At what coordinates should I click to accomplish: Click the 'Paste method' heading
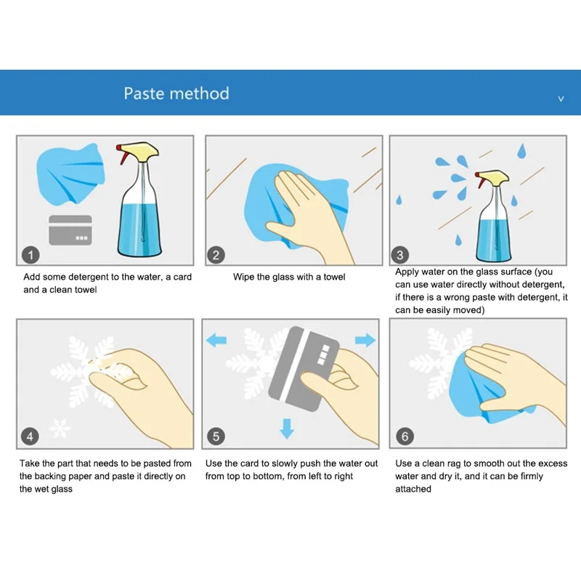[176, 94]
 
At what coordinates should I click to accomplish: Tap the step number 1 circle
[31, 255]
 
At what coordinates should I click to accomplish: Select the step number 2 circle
[216, 255]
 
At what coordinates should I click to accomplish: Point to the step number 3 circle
[400, 255]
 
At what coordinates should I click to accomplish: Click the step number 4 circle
[30, 436]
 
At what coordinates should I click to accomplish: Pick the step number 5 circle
[216, 436]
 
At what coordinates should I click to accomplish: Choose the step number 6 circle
[405, 436]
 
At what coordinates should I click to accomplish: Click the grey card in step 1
[70, 230]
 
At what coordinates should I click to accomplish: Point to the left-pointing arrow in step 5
[216, 339]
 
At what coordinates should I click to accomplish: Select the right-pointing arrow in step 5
[365, 339]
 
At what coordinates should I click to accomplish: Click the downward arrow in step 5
[287, 428]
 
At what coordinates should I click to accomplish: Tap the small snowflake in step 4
[60, 428]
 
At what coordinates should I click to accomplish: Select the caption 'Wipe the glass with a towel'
[289, 277]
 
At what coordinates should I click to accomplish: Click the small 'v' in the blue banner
[561, 99]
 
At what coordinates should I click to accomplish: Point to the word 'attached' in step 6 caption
[413, 489]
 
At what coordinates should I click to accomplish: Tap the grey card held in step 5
[304, 369]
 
